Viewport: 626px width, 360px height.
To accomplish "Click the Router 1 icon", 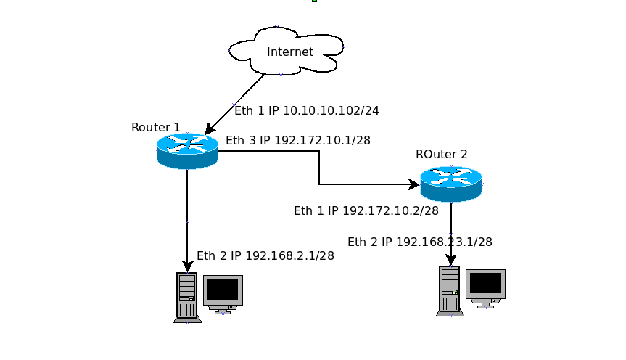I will coord(187,150).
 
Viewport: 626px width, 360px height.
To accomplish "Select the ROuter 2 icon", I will coord(450,183).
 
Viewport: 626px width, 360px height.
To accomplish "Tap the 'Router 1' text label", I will coord(155,128).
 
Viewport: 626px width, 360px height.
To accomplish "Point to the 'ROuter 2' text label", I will coord(441,154).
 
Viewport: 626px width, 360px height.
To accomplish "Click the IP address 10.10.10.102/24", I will coord(331,111).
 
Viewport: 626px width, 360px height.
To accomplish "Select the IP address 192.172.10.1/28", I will coord(323,141).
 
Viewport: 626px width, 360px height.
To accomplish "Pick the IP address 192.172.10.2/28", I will coord(390,211).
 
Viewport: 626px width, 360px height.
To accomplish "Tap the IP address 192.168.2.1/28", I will coord(289,255).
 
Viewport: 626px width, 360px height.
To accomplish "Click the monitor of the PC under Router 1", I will coord(223,292).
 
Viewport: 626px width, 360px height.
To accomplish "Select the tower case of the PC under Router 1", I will coord(187,297).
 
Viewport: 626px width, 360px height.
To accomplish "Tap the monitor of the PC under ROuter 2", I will coord(485,286).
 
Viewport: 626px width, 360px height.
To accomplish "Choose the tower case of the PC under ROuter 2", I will coord(450,290).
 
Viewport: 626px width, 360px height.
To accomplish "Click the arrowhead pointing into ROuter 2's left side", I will coord(414,184).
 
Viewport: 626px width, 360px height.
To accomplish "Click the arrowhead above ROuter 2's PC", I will coord(450,260).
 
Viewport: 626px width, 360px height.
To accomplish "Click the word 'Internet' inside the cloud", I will coord(290,52).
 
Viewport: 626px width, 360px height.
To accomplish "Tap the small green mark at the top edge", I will coord(315,1).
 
